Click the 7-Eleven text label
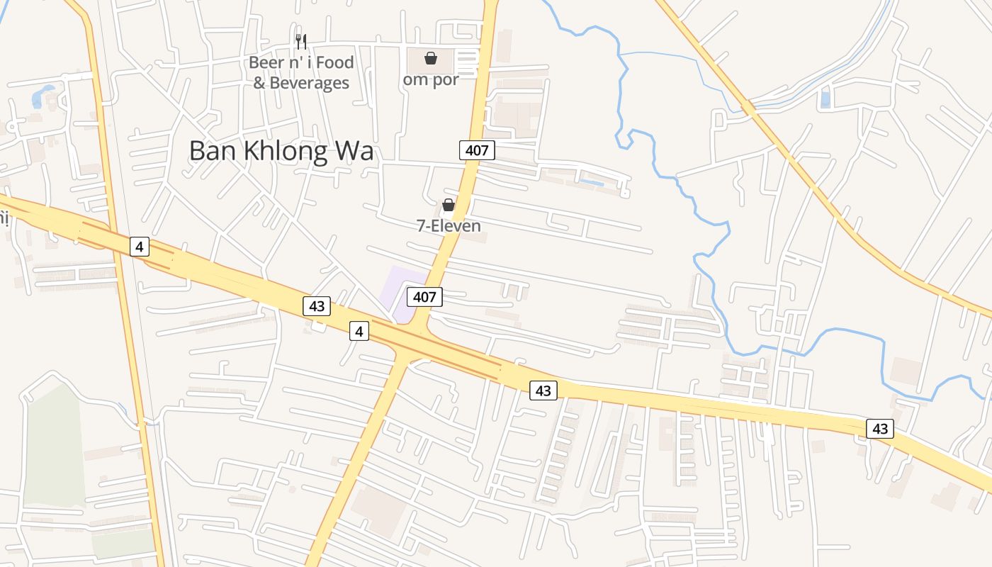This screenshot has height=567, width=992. pyautogui.click(x=449, y=226)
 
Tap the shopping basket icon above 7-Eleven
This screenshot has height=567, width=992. pyautogui.click(x=449, y=206)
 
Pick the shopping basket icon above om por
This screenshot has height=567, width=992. pyautogui.click(x=430, y=58)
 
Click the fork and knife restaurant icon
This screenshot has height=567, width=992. pyautogui.click(x=301, y=42)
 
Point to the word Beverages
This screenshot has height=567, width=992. pyautogui.click(x=312, y=83)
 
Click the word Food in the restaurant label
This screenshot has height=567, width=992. pyautogui.click(x=334, y=62)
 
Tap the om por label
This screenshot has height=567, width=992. pyautogui.click(x=431, y=79)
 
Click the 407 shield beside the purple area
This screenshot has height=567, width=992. pyautogui.click(x=424, y=296)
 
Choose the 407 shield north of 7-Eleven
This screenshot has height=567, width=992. pyautogui.click(x=477, y=150)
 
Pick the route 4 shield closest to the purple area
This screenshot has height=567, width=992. pyautogui.click(x=359, y=330)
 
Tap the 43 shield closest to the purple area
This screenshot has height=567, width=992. pyautogui.click(x=317, y=306)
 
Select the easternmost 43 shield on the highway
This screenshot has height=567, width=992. pyautogui.click(x=879, y=428)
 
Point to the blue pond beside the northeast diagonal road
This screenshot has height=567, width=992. pyautogui.click(x=825, y=99)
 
